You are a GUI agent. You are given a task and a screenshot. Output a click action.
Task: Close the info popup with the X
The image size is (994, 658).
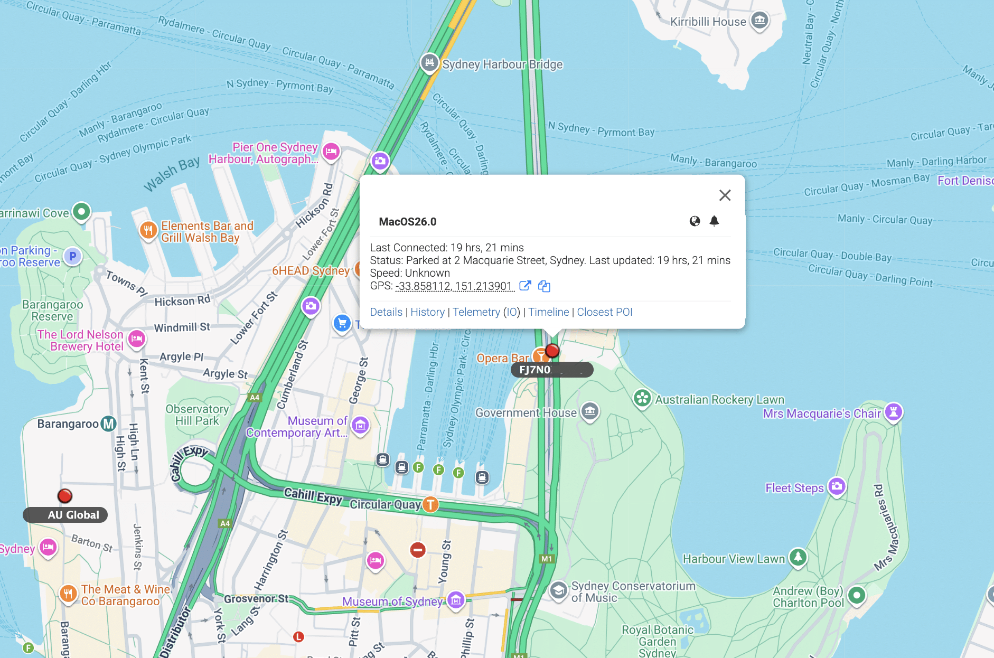click(725, 195)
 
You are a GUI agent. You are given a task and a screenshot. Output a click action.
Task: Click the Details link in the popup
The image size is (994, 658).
click(386, 312)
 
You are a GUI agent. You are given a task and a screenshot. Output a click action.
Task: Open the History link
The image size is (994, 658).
click(427, 312)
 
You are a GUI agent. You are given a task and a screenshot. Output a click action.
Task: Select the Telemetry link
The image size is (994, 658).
click(476, 312)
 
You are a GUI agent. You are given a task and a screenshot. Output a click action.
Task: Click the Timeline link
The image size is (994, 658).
click(549, 312)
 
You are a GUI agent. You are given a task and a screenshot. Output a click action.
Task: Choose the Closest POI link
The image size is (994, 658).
click(604, 312)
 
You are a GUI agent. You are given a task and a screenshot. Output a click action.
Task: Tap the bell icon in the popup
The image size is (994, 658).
click(714, 221)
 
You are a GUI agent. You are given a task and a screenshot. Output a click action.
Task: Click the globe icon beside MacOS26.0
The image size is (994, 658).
click(695, 221)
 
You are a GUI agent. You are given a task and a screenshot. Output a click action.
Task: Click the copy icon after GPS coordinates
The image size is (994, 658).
click(544, 286)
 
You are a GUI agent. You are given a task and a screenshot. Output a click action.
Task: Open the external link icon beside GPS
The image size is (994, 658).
click(525, 286)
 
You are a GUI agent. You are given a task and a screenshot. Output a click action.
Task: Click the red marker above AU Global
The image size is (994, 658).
click(65, 496)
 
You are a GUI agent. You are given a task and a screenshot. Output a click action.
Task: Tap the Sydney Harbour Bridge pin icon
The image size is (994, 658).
click(429, 63)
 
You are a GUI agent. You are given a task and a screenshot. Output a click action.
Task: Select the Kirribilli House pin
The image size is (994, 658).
click(759, 21)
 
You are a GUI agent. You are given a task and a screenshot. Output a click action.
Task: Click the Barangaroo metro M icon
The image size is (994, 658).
click(109, 424)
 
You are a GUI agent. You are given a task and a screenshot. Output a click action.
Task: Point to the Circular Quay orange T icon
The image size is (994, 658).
click(431, 504)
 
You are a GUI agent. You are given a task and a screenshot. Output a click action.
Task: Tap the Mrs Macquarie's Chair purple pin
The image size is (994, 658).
click(893, 412)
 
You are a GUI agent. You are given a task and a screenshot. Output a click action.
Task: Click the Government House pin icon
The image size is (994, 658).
click(590, 411)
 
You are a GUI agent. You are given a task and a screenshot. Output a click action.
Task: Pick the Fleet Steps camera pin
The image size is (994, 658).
click(837, 486)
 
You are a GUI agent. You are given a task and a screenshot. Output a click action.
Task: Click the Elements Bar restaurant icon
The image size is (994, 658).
click(148, 230)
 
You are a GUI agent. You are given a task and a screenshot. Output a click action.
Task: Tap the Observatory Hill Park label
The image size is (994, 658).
click(197, 415)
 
